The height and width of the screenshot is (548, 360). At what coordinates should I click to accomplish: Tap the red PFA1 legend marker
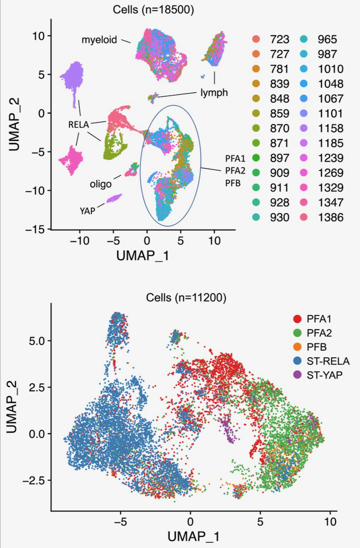coord(297,319)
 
